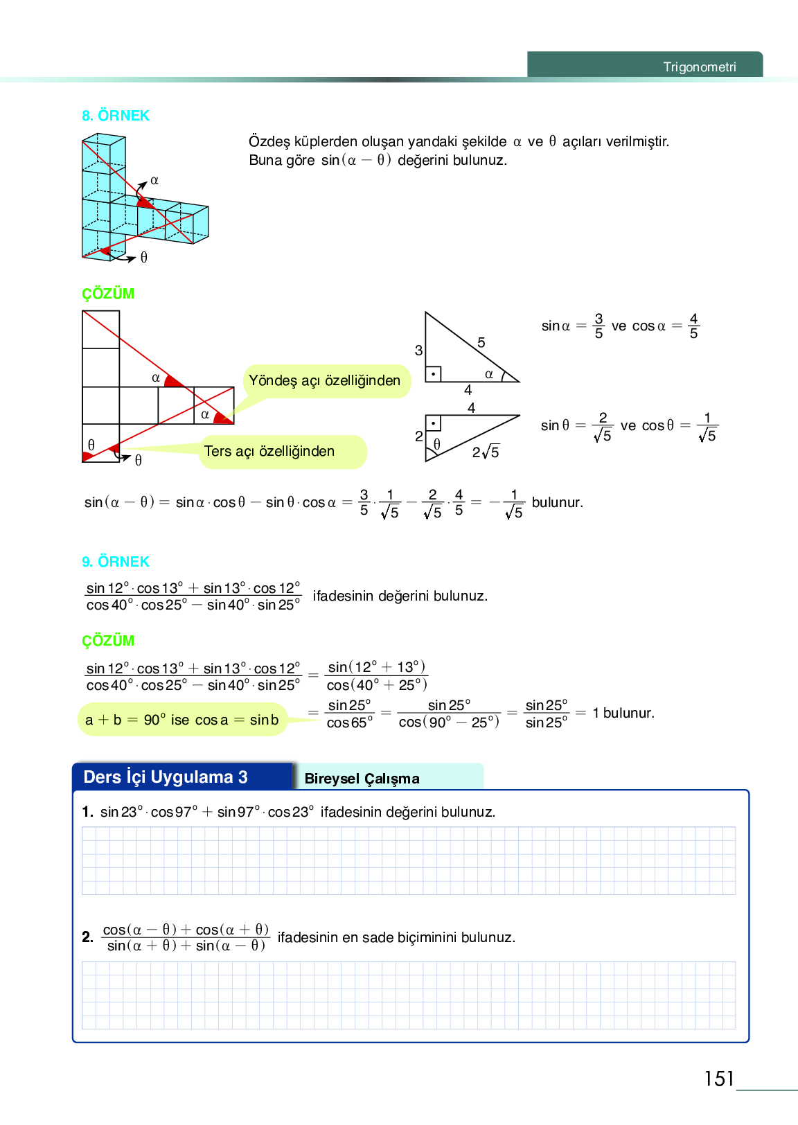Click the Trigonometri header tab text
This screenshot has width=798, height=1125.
[699, 67]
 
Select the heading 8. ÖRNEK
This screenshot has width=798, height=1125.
[116, 116]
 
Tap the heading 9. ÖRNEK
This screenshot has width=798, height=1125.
[116, 562]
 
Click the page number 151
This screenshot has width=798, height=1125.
[718, 1079]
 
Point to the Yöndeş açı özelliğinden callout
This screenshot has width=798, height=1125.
[325, 381]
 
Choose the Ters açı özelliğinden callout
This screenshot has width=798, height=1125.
[269, 452]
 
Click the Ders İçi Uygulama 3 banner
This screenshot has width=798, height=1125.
[166, 777]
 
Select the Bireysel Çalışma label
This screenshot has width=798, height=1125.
[362, 779]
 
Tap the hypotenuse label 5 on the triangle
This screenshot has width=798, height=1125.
[481, 343]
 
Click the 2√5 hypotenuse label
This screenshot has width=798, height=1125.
[486, 452]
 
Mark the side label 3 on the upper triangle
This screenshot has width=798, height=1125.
[418, 351]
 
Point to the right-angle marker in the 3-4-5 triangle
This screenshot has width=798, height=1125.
[433, 374]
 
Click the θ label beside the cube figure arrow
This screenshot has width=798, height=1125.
[144, 258]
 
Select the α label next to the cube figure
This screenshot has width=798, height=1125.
[154, 181]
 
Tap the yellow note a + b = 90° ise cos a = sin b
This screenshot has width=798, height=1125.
[182, 720]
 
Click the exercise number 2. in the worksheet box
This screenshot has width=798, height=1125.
[87, 937]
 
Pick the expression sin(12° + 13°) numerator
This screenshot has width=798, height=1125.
[377, 667]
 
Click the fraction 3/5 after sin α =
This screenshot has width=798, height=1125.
[599, 326]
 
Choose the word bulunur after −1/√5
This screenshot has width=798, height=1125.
[557, 503]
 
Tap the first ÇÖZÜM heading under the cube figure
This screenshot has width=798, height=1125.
[108, 294]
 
